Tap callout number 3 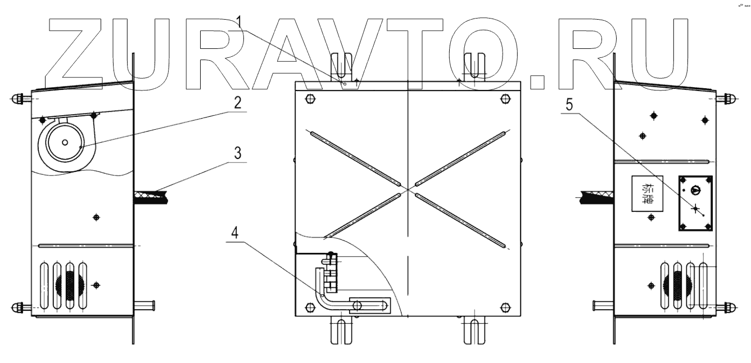[x=238, y=153]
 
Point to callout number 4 [x=238, y=233]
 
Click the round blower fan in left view [x=66, y=142]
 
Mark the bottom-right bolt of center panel [x=505, y=307]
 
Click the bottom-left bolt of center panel [x=310, y=307]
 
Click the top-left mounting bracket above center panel [x=342, y=67]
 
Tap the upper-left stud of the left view [x=20, y=99]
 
